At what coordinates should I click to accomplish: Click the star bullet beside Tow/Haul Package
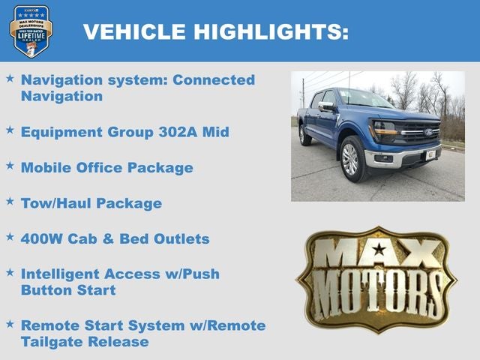click(10, 202)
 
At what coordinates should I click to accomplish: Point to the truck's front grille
click(419, 133)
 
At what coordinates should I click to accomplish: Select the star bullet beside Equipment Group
click(10, 130)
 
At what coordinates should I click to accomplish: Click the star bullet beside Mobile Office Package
click(10, 166)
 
